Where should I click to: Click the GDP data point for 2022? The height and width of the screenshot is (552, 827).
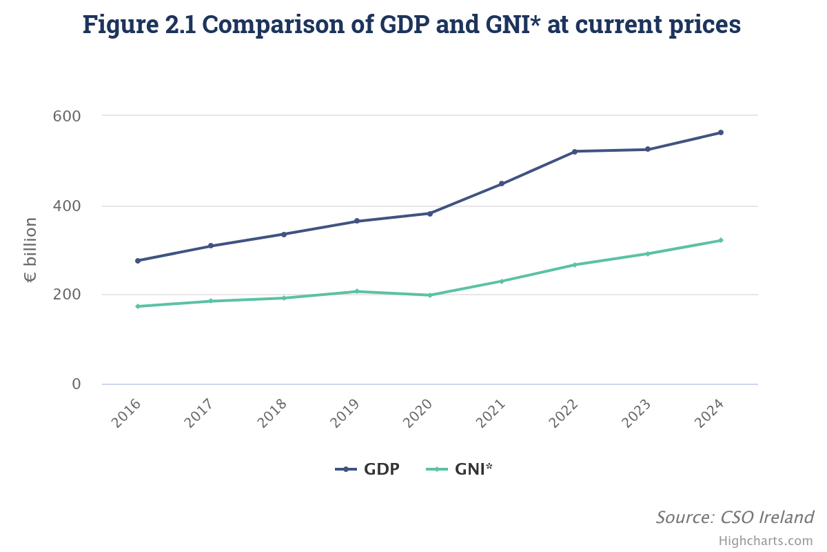coord(575,151)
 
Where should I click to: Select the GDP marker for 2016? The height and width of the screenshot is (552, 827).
coord(138,261)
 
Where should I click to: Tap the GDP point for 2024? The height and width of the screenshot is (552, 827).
coord(721,132)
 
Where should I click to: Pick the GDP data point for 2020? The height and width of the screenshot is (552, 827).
coord(430,213)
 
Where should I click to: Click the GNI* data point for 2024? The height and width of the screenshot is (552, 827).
coord(721,240)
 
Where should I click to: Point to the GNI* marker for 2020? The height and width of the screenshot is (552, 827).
coord(430,295)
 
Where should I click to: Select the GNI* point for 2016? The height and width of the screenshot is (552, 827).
coord(138,306)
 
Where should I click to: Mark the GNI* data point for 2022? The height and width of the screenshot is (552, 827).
coord(575,265)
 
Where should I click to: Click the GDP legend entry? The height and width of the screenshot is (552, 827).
coord(367,469)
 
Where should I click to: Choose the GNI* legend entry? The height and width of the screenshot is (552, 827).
coord(460,469)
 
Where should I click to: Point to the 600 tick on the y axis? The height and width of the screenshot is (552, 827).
coord(67,116)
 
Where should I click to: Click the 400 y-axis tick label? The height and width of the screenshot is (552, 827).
coord(67,206)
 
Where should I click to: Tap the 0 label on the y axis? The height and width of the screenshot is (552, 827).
coord(76,384)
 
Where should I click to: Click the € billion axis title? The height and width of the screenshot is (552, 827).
coord(31,250)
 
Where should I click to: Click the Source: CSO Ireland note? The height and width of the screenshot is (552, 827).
coord(734,517)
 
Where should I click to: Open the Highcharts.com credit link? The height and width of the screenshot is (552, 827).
coord(766,541)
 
